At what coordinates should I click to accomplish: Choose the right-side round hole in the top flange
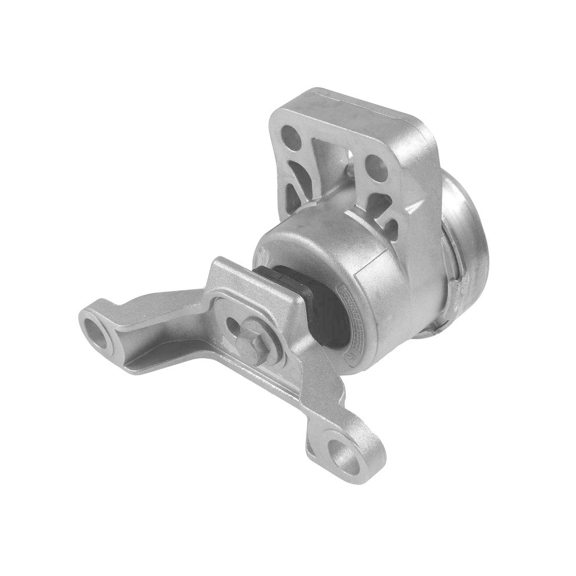tap(377, 164)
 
